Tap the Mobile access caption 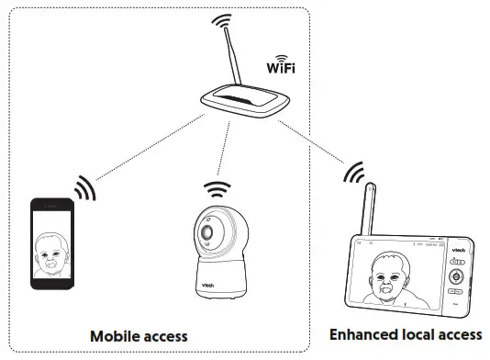click(139, 336)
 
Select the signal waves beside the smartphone click(84, 187)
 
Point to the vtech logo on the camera click(209, 286)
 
